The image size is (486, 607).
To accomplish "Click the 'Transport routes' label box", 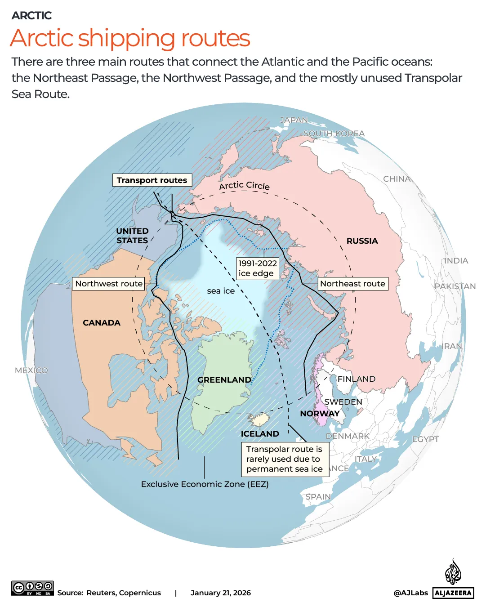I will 152,180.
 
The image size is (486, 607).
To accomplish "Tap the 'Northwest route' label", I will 109,284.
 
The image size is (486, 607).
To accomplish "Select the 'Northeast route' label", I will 352,284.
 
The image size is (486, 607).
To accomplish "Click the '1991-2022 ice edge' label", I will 258,268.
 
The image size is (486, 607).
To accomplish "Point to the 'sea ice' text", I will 221,291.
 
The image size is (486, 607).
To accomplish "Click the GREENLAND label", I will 224,380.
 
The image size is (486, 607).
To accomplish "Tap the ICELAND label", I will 260,434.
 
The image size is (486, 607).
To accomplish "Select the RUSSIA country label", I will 362,241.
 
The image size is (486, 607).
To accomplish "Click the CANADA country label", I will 102,323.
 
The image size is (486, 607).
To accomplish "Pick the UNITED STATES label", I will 132,236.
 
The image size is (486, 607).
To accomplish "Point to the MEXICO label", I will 31,370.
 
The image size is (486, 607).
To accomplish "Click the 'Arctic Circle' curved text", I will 244,185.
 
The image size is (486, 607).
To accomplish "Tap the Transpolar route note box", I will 285,459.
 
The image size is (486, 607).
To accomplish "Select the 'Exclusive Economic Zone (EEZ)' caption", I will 205,484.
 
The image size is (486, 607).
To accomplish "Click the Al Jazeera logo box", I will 453,593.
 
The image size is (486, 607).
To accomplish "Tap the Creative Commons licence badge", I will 33,588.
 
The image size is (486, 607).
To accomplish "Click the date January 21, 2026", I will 221,593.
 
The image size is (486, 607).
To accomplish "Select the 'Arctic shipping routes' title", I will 130,38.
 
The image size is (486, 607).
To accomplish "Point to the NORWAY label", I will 320,414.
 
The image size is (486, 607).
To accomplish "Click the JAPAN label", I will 294,120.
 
